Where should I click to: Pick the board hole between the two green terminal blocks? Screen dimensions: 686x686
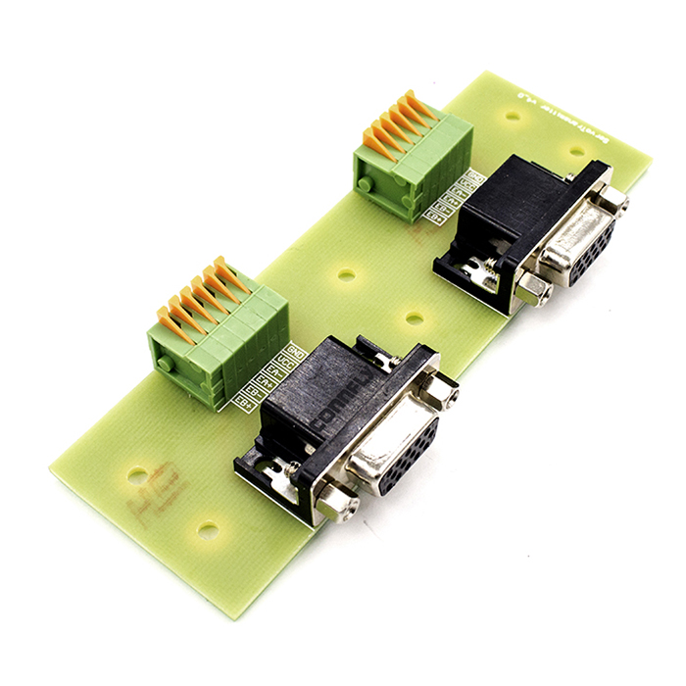pos(346,275)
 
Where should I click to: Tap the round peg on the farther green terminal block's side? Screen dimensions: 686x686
pos(366,184)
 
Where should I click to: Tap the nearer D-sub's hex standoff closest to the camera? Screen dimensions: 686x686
pos(336,505)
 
